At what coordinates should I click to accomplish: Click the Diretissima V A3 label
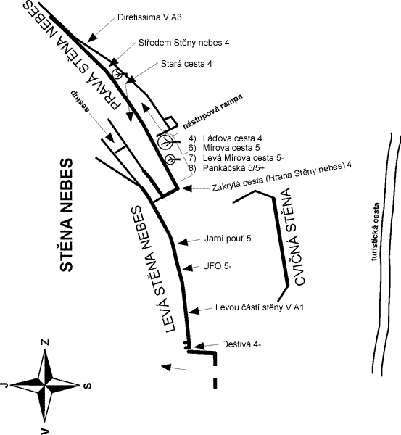(x=149, y=17)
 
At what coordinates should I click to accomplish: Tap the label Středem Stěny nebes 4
(x=184, y=43)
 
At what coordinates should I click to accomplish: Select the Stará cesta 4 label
(x=186, y=64)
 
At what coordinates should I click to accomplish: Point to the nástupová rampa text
(x=213, y=112)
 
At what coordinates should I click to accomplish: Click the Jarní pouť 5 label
(x=228, y=239)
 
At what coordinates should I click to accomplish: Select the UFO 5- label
(x=218, y=266)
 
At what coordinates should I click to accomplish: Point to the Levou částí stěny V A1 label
(x=260, y=307)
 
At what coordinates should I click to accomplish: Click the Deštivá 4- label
(x=241, y=344)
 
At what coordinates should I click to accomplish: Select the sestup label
(x=80, y=101)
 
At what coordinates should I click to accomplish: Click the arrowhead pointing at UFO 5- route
(x=188, y=268)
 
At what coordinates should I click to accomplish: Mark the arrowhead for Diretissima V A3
(x=92, y=38)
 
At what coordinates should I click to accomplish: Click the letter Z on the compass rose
(x=45, y=342)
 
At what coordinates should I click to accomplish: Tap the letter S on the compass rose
(x=87, y=386)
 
